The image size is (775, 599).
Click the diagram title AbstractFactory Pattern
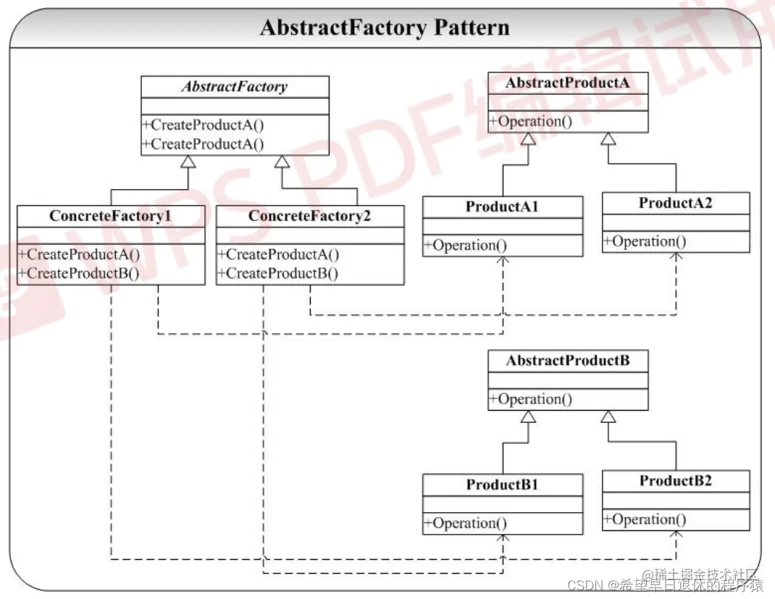[x=385, y=28]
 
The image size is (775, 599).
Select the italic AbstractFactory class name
[x=235, y=87]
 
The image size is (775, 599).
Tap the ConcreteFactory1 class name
[x=110, y=216]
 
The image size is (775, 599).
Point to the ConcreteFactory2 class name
[x=309, y=216]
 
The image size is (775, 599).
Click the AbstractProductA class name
[x=568, y=83]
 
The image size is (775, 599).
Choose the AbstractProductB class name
[x=568, y=361]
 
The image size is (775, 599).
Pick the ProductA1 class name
[x=502, y=206]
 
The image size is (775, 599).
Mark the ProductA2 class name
[x=675, y=204]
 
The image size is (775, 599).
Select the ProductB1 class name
[x=502, y=485]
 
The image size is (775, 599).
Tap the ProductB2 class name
[x=675, y=481]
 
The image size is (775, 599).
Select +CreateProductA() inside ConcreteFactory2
[x=279, y=255]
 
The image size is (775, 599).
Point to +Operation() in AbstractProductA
[x=531, y=121]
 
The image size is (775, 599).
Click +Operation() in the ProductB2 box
[x=645, y=519]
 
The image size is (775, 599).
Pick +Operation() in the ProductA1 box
[x=465, y=246]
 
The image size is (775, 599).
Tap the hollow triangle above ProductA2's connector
[x=608, y=139]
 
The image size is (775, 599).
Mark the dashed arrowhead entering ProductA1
[x=503, y=261]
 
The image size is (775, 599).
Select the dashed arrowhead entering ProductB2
[x=676, y=535]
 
